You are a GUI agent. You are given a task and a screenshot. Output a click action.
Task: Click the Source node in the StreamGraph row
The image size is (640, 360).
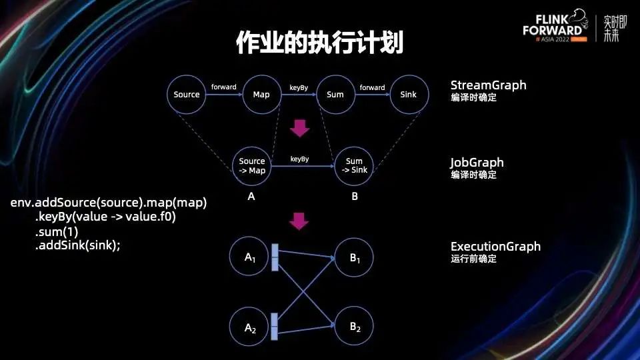187,95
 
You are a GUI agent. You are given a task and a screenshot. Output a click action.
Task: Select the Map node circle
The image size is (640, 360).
261,95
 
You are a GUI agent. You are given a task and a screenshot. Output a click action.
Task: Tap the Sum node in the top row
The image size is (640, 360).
335,95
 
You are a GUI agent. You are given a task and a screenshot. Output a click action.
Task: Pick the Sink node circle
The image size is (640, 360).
409,95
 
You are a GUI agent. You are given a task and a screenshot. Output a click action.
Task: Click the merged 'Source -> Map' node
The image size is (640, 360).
252,166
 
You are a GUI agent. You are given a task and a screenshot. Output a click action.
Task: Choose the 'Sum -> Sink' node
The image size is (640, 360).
355,166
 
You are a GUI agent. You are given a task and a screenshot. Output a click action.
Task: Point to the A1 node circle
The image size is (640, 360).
250,257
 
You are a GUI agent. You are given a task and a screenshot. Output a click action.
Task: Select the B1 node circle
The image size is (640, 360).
355,257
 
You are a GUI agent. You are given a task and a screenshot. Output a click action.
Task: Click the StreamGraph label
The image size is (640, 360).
488,85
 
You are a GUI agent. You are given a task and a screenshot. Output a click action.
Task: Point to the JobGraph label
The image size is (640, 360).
477,163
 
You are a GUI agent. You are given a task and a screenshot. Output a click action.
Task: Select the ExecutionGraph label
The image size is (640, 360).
495,247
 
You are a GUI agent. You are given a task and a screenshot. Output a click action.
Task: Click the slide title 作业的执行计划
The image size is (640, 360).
319,43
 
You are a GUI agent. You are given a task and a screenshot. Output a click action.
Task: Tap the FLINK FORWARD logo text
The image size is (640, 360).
552,25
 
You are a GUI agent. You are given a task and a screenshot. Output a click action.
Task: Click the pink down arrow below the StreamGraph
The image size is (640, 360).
301,127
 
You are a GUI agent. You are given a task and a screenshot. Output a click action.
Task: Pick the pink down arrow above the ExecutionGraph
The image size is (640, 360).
301,221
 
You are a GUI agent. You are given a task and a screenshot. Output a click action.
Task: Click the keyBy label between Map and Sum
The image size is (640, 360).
298,87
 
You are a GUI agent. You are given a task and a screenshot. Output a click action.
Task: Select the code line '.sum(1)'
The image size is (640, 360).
56,232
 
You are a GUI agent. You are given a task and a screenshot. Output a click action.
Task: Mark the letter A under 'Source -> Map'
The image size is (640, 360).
251,196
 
